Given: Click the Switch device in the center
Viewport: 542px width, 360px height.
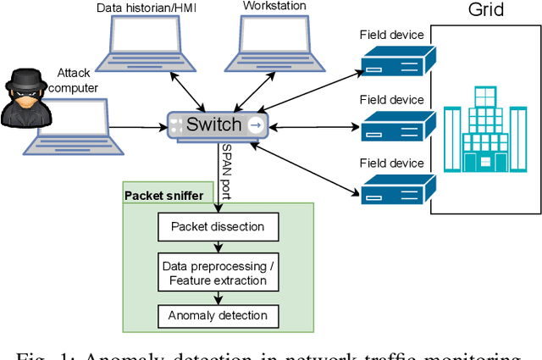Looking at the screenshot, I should tap(218, 126).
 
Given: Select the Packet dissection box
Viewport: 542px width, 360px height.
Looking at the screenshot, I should tap(218, 226).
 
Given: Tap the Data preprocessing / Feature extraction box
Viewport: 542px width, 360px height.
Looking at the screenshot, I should tap(218, 272).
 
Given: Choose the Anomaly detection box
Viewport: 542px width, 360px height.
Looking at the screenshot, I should tap(218, 316).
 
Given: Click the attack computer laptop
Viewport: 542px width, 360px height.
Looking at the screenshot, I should tap(72, 127).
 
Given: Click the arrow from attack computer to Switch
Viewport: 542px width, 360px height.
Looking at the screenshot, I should tap(140, 129).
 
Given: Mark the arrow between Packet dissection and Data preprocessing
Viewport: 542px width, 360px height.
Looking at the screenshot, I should tap(218, 246).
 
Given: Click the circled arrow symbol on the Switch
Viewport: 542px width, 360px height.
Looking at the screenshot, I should tap(257, 126).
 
